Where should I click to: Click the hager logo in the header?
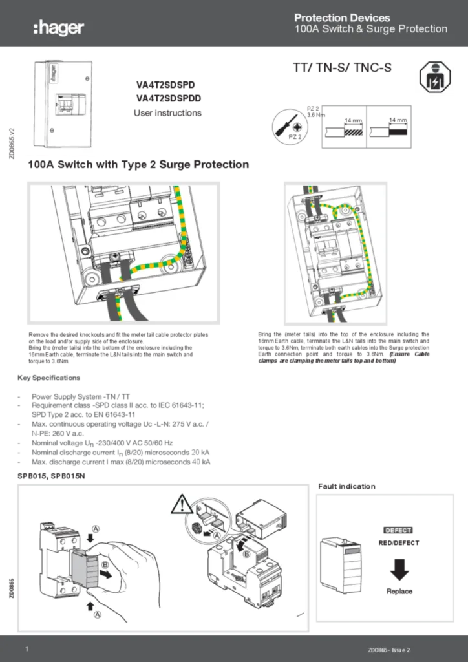point(58,27)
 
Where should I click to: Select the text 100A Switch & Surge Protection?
point(370,29)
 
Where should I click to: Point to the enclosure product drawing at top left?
point(64,103)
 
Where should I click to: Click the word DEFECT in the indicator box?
point(398,530)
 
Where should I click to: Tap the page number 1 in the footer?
point(26,648)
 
